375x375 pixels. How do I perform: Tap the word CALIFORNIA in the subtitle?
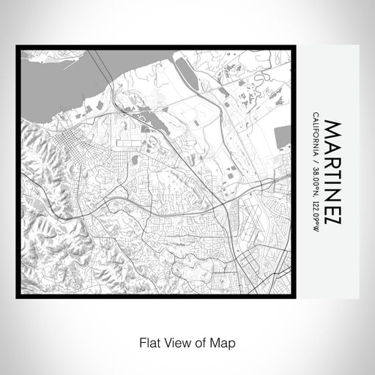(315, 135)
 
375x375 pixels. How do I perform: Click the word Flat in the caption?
(145, 342)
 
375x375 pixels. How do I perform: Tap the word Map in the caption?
(226, 342)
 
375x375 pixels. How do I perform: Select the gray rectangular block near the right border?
(283, 136)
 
